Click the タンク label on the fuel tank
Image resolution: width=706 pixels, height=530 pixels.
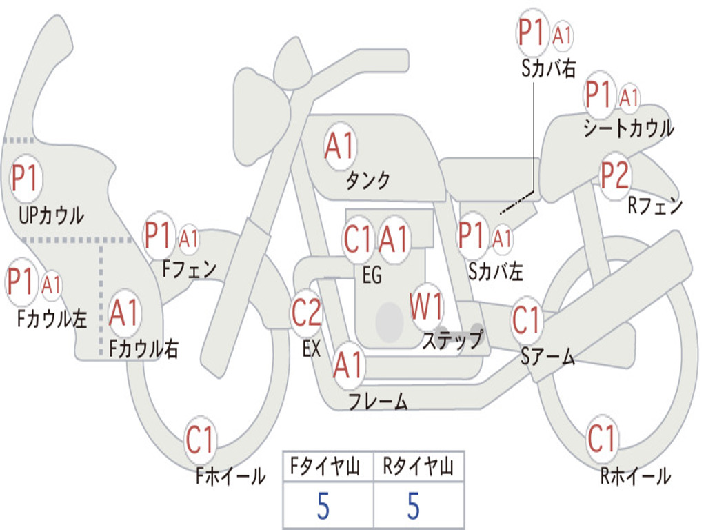click(367, 181)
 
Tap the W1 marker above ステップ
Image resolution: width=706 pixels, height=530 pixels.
click(427, 306)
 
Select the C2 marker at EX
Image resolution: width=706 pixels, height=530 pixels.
click(307, 314)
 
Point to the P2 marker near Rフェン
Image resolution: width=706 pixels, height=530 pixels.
click(614, 176)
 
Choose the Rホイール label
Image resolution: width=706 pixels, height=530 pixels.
click(635, 475)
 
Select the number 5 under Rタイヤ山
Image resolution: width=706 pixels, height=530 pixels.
click(413, 507)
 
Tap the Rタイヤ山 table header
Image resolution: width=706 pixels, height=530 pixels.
click(418, 468)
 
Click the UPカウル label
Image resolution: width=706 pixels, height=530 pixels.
click(52, 215)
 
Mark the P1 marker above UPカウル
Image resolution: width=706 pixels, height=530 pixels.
click(26, 179)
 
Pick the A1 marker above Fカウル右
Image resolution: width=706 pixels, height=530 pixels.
click(125, 313)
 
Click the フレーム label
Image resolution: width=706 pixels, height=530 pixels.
click(378, 401)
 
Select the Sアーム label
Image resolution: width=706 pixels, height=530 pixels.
click(547, 357)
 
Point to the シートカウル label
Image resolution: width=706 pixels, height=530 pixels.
click(628, 128)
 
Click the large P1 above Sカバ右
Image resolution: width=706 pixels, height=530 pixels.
click(533, 33)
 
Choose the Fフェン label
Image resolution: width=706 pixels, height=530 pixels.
click(189, 268)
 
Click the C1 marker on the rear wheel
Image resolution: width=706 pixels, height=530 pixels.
click(601, 438)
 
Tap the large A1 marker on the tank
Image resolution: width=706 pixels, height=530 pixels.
click(340, 146)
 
